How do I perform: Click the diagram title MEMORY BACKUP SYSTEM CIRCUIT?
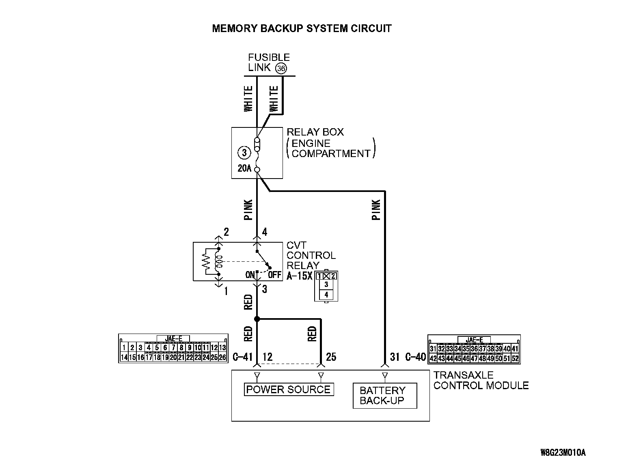point(302,28)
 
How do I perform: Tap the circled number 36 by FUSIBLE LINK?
point(281,69)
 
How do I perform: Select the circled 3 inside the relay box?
point(244,153)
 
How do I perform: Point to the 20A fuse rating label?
point(244,168)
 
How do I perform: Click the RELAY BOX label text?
point(315,132)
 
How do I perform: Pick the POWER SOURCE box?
point(288,390)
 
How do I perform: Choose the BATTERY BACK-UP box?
point(384,396)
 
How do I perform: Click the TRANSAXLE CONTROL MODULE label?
point(481,380)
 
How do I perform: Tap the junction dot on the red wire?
point(257,319)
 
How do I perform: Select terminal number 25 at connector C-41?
point(331,357)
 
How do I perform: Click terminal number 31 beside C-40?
point(395,357)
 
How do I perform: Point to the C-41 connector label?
point(243,357)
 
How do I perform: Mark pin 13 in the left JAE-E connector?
point(222,348)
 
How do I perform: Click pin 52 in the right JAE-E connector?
point(515,359)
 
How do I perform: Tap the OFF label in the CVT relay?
point(274,275)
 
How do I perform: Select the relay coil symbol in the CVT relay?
point(218,262)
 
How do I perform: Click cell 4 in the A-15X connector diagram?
point(326,295)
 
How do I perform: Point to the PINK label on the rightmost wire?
point(376,209)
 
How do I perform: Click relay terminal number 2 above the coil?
point(226,232)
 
